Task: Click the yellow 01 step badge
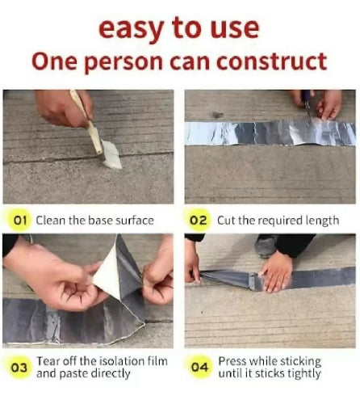tap(19, 220)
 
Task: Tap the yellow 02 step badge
tap(198, 220)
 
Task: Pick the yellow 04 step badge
tap(198, 368)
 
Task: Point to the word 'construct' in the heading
tap(273, 61)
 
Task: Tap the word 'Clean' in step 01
tap(52, 220)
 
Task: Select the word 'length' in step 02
tap(323, 220)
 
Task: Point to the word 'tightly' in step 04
tap(303, 373)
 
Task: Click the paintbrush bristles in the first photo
tap(110, 154)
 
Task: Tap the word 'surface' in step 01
tap(131, 220)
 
